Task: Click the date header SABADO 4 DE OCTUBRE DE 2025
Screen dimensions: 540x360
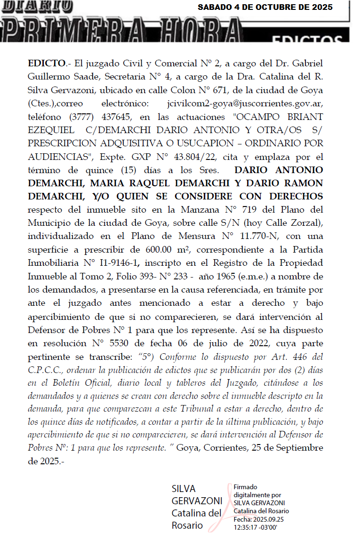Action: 265,8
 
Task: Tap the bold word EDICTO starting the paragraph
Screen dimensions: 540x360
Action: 46,63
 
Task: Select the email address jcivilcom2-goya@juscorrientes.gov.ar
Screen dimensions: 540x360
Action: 245,103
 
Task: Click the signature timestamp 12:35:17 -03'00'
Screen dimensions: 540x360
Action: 257,527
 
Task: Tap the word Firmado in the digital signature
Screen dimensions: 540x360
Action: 246,487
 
